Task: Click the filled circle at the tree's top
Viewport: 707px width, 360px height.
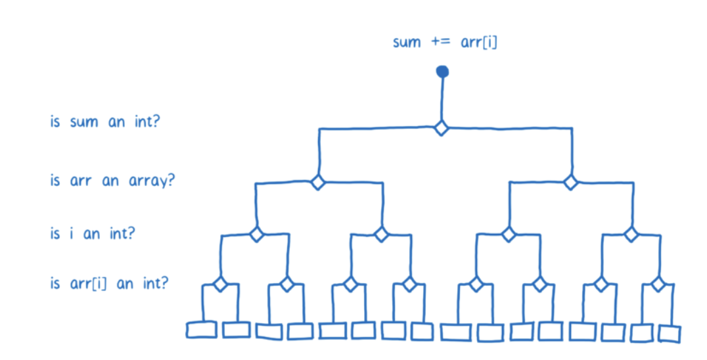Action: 442,71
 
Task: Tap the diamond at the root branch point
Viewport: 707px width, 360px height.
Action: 442,128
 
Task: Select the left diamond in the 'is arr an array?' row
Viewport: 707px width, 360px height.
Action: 318,182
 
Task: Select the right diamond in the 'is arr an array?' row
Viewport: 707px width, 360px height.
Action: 570,181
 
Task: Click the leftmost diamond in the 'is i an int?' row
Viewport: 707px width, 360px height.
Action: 256,234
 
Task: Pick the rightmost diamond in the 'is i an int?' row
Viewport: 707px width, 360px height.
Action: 631,233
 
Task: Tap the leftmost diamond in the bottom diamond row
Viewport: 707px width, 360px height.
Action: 220,284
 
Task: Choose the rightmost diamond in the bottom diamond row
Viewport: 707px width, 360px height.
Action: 658,284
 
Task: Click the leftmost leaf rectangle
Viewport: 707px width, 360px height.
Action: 201,329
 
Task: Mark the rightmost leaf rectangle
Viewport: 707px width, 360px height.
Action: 670,333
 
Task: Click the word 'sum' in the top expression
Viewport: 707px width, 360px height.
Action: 407,43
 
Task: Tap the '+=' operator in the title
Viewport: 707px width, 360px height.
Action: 440,43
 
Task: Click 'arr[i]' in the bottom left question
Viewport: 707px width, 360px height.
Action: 89,284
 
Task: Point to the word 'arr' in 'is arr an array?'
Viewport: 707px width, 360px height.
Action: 81,181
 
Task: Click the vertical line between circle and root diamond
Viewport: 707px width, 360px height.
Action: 442,99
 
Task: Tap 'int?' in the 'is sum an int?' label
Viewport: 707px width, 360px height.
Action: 145,122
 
